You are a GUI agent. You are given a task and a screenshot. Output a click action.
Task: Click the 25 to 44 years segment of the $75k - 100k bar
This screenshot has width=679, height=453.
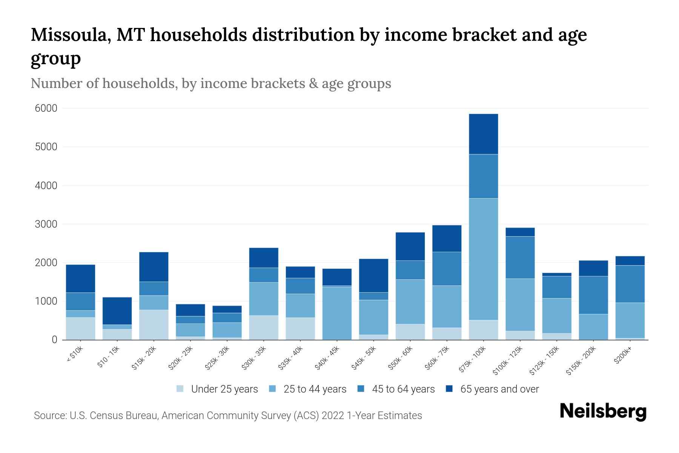pos(483,259)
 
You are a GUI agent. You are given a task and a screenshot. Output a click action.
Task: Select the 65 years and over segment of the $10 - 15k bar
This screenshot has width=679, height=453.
pos(117,311)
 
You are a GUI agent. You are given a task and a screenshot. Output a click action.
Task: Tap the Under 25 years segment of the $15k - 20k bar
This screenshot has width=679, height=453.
pos(154,325)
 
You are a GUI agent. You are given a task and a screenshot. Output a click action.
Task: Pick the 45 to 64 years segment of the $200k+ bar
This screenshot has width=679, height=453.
pos(630,284)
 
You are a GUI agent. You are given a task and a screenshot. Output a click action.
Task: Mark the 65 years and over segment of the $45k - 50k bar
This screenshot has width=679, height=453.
pos(373,275)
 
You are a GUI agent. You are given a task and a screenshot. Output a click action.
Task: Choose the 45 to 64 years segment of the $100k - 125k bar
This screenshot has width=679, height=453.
pos(520,257)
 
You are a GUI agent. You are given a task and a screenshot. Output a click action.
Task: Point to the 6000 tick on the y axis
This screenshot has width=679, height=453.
pos(46,108)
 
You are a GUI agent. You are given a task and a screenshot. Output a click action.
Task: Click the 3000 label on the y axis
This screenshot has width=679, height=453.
pos(46,224)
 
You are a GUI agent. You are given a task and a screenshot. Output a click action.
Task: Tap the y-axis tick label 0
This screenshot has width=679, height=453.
pos(54,340)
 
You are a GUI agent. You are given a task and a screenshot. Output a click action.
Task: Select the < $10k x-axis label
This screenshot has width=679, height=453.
pos(75,354)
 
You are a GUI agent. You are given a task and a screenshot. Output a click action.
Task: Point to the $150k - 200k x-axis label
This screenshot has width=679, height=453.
pos(581,361)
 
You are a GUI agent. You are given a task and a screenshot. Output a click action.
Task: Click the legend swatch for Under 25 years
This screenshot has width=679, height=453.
pos(180,389)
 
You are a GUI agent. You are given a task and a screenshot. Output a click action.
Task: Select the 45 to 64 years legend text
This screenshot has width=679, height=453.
pos(403,389)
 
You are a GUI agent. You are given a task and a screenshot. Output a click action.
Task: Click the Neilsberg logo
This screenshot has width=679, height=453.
pos(603,411)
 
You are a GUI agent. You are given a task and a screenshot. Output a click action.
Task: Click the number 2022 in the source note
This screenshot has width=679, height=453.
pos(333,416)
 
